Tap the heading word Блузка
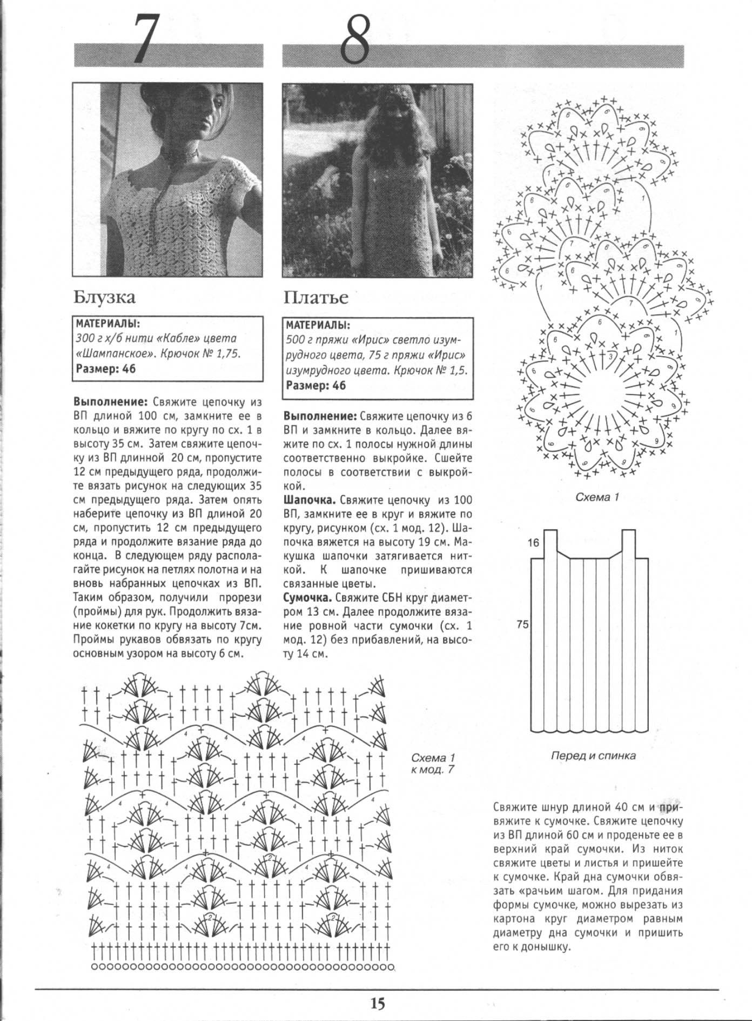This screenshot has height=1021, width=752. coord(104,297)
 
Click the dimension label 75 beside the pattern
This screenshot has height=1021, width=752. coord(522,624)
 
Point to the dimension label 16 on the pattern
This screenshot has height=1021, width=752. coord(534,543)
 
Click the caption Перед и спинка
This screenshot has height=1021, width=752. coord(593,756)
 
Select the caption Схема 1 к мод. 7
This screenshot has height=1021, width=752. coord(433,763)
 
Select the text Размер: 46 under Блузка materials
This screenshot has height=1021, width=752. coord(106,369)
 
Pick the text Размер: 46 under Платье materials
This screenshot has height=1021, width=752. coord(316,385)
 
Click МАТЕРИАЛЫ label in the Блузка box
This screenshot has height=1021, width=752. coord(108,324)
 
